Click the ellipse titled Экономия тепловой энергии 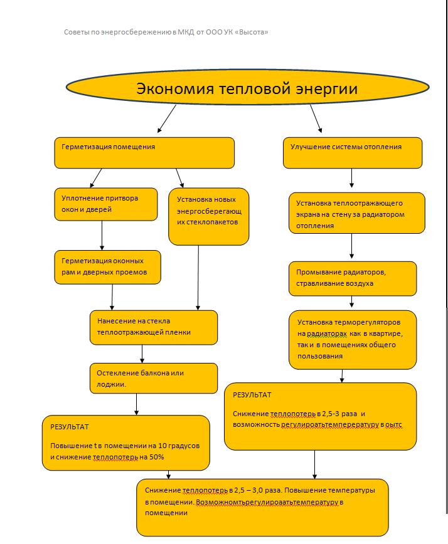point(248,87)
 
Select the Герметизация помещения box point(144,153)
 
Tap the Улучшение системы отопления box point(353,153)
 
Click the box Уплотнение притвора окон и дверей point(106,204)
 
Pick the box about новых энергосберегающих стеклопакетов point(209,217)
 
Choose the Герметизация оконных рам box point(108,267)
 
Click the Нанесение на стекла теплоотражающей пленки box point(154,328)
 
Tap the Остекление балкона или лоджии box point(154,378)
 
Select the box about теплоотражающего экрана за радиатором point(356,213)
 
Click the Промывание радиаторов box point(353,279)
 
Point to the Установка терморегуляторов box point(353,340)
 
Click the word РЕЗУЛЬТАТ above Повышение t point(70,427)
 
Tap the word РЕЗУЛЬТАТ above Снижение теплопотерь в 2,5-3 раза point(252,395)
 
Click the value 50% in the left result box point(157,457)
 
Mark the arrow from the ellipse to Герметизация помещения point(167,118)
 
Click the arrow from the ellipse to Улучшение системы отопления point(316,118)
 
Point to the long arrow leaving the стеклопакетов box point(198,278)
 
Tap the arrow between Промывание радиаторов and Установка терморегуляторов point(352,301)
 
